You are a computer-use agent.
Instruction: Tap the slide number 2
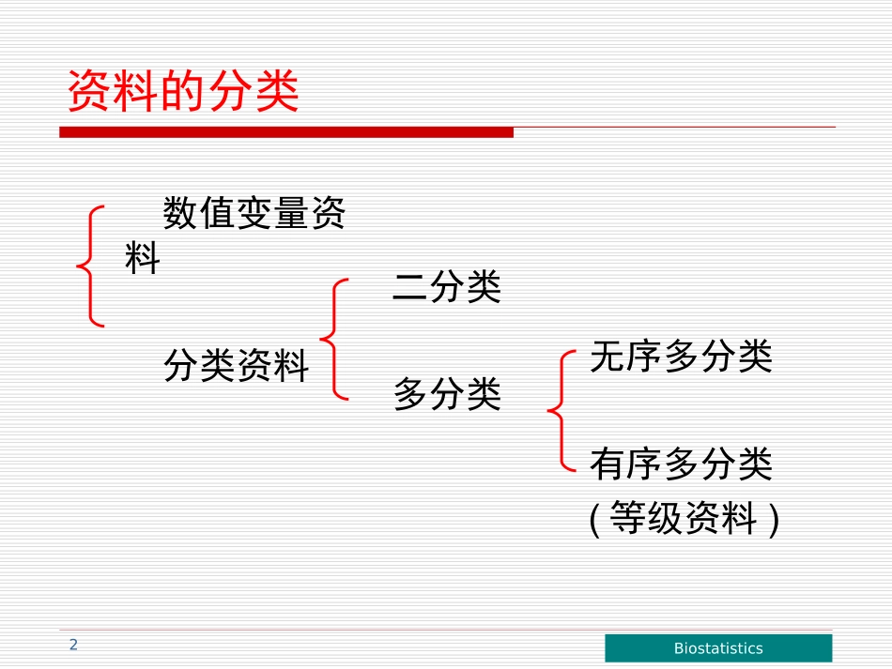pyautogui.click(x=73, y=645)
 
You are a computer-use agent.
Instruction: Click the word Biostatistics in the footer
pyautogui.click(x=718, y=648)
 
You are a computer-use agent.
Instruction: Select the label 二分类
pyautogui.click(x=447, y=287)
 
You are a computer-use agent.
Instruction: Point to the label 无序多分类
pyautogui.click(x=681, y=357)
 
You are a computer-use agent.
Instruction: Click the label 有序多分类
pyautogui.click(x=681, y=464)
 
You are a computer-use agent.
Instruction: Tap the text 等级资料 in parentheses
pyautogui.click(x=683, y=517)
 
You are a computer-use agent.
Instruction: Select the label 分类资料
pyautogui.click(x=237, y=366)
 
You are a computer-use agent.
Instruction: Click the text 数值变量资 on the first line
pyautogui.click(x=254, y=214)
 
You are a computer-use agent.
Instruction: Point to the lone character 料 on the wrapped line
pyautogui.click(x=143, y=259)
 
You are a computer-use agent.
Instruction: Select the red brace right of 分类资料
pyautogui.click(x=334, y=339)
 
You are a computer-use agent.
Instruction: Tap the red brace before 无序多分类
pyautogui.click(x=561, y=410)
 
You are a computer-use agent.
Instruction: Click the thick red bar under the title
pyautogui.click(x=286, y=133)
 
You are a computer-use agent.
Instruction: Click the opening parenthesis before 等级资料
pyautogui.click(x=595, y=519)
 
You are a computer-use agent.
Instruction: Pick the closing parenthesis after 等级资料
pyautogui.click(x=773, y=519)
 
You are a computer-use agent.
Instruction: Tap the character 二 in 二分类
pyautogui.click(x=410, y=287)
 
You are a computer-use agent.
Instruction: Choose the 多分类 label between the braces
pyautogui.click(x=447, y=394)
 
